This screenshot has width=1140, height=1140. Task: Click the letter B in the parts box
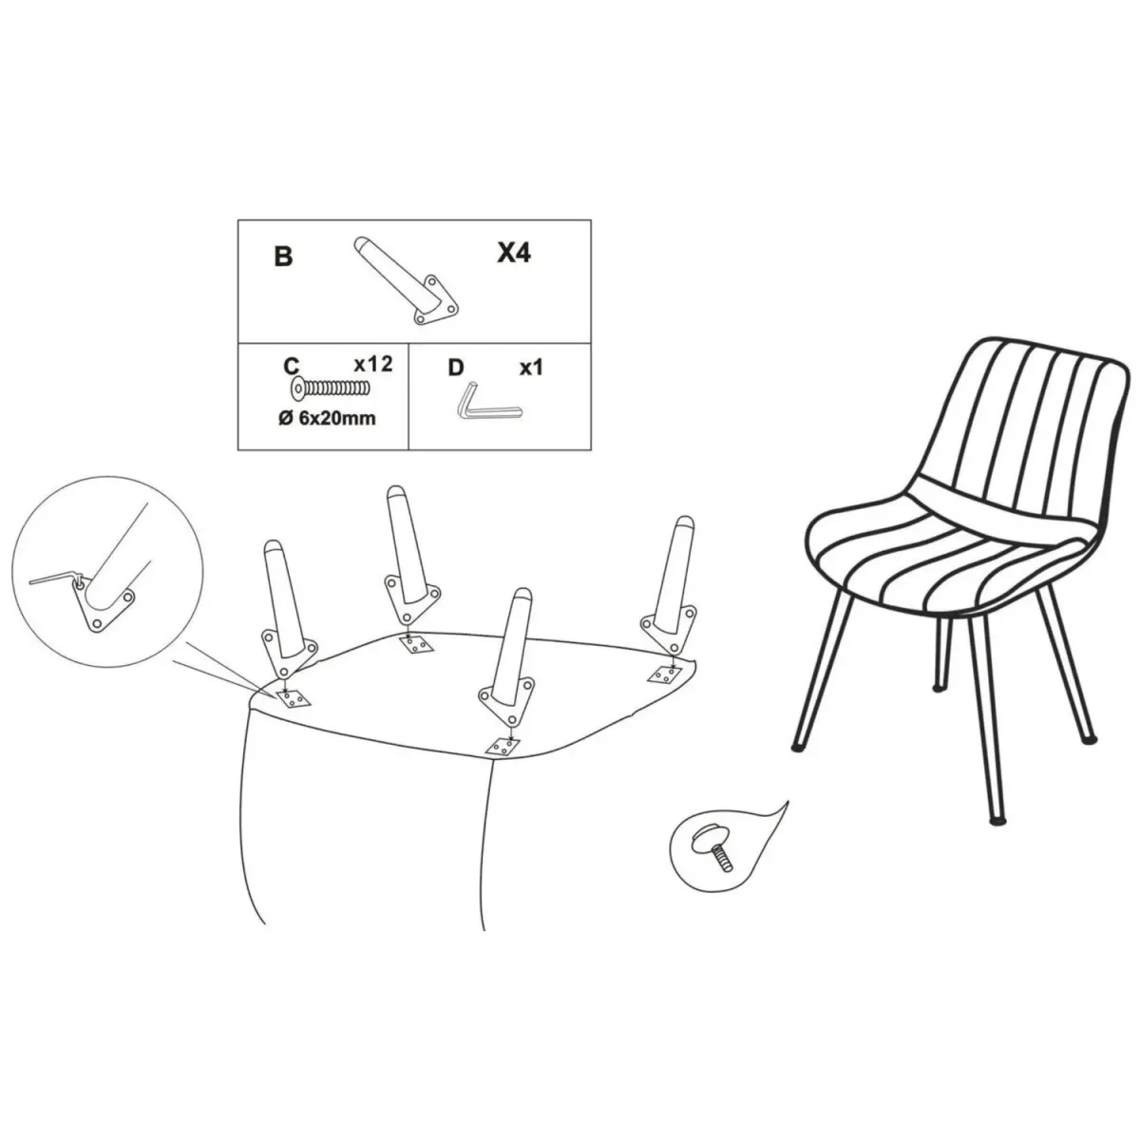[x=284, y=256]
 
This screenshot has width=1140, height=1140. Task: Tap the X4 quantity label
[x=514, y=253]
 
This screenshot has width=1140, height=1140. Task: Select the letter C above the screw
[x=291, y=366]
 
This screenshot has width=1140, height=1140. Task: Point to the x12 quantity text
[x=373, y=364]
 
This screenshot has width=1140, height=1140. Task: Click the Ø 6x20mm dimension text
[x=327, y=419]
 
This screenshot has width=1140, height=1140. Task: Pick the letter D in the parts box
[x=456, y=368]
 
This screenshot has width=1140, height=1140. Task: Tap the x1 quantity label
[x=531, y=368]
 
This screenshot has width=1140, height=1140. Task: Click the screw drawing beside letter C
[x=330, y=388]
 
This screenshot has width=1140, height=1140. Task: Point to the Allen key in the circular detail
[x=53, y=579]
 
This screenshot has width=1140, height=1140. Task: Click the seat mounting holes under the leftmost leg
[x=294, y=699]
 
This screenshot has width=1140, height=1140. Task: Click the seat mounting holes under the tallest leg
[x=417, y=644]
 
